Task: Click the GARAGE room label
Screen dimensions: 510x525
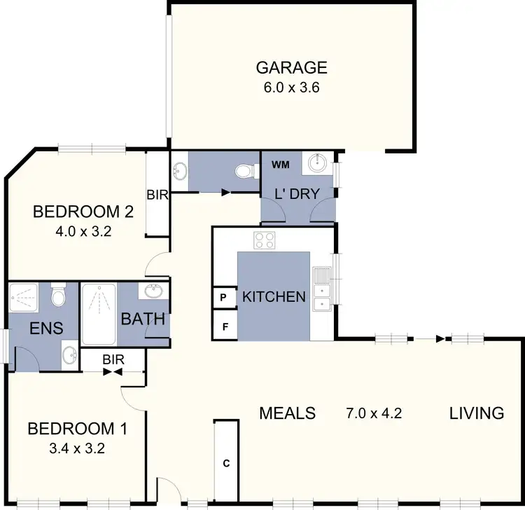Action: click(x=291, y=68)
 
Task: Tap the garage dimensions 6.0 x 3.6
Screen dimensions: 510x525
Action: click(x=291, y=88)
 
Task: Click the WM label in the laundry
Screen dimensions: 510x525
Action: click(x=280, y=165)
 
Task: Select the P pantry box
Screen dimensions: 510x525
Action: click(x=224, y=297)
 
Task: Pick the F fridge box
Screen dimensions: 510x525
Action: click(x=224, y=326)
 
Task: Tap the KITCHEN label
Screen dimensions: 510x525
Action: click(x=274, y=297)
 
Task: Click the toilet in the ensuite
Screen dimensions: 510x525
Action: click(x=59, y=296)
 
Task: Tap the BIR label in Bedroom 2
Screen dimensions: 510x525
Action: click(x=157, y=195)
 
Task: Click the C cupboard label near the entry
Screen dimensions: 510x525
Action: click(x=226, y=463)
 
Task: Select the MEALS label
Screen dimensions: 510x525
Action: click(x=287, y=413)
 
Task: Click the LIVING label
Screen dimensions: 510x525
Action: click(x=476, y=413)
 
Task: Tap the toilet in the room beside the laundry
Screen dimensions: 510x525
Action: click(x=245, y=172)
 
